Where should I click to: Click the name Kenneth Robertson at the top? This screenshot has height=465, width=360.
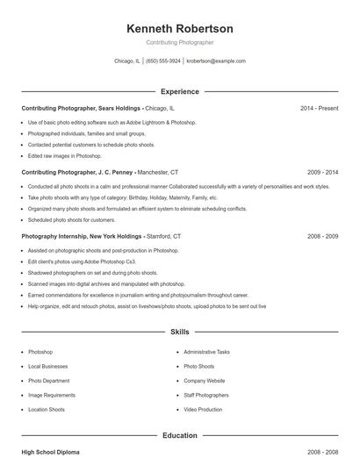coord(180,29)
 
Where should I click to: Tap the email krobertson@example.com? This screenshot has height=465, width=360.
coord(216,61)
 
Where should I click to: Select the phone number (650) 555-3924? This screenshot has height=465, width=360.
coord(164,61)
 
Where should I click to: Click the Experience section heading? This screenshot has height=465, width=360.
coord(180,91)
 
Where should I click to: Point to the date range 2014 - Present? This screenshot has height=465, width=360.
coord(319,108)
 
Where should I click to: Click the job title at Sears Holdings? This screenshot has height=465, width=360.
coord(82,108)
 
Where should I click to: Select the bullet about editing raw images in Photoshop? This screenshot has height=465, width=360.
coord(65,155)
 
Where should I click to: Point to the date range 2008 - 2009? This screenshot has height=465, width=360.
coord(322,237)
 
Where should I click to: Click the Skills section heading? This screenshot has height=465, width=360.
coord(180,333)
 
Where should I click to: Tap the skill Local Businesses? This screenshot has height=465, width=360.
coord(47,366)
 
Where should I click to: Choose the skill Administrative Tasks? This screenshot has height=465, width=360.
coord(206,351)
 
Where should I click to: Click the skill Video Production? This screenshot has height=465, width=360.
coord(203,410)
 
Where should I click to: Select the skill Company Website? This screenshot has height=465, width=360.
coord(205,381)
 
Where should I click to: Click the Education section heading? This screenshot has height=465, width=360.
coord(180,435)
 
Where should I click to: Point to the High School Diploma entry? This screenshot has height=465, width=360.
coord(50,452)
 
